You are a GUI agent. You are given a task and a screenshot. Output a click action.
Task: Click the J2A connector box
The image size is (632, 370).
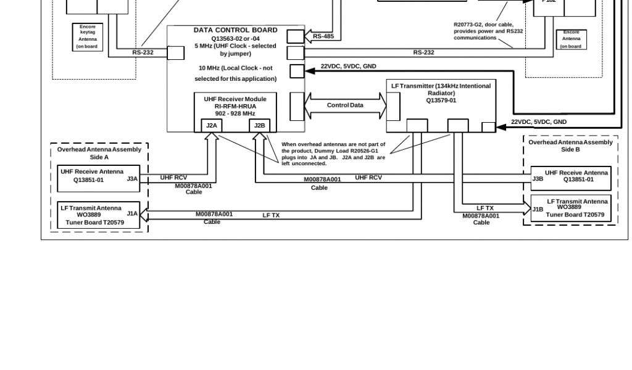point(212,126)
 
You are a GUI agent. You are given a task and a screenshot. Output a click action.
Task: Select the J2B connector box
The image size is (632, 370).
point(260,126)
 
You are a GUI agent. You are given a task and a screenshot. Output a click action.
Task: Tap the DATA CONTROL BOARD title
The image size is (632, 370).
point(235,30)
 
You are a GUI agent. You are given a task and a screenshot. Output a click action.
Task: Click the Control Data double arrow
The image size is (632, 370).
point(345,105)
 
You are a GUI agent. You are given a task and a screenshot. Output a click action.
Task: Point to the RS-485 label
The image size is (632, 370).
point(323,36)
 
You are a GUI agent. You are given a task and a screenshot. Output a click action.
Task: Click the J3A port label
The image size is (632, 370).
point(132,179)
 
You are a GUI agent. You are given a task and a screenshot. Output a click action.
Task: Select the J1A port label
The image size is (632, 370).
point(132,213)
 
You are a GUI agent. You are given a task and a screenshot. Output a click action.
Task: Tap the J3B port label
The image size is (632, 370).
point(538,179)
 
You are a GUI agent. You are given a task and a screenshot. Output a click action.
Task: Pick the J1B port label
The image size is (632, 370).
point(538,209)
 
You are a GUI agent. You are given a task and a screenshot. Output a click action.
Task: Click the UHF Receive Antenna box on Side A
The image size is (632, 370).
point(99,179)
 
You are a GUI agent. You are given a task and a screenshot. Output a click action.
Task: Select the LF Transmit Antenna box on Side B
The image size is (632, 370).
point(571,208)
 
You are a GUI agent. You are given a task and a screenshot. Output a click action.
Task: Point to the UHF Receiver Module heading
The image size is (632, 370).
point(235,99)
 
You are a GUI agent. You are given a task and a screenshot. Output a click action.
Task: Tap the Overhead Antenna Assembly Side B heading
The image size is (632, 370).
point(570,146)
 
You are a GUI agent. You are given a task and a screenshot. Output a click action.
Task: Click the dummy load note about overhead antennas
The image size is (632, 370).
point(333,154)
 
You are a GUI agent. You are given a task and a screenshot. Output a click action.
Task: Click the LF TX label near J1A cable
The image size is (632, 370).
point(271,215)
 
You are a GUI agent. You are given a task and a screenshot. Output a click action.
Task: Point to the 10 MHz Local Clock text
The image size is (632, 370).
point(235,73)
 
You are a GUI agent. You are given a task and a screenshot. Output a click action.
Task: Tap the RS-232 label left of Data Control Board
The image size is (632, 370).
point(143,52)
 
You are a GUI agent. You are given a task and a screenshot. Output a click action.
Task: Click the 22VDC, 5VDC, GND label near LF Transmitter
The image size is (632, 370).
point(538,122)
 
